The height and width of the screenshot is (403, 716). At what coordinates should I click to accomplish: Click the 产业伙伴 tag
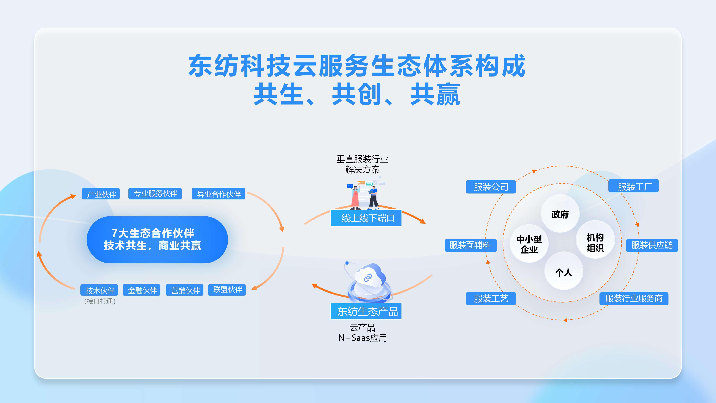(x=101, y=194)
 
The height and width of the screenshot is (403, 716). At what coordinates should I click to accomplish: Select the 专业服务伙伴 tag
(x=155, y=194)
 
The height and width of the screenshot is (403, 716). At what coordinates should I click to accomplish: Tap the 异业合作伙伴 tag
(x=218, y=194)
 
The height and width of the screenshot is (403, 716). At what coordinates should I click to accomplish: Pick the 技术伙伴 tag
(x=99, y=290)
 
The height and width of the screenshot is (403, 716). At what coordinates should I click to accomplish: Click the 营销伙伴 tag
(x=185, y=290)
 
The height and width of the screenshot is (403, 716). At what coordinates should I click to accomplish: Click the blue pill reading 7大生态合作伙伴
(x=157, y=239)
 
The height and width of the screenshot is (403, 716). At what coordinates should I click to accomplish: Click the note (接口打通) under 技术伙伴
(x=99, y=301)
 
